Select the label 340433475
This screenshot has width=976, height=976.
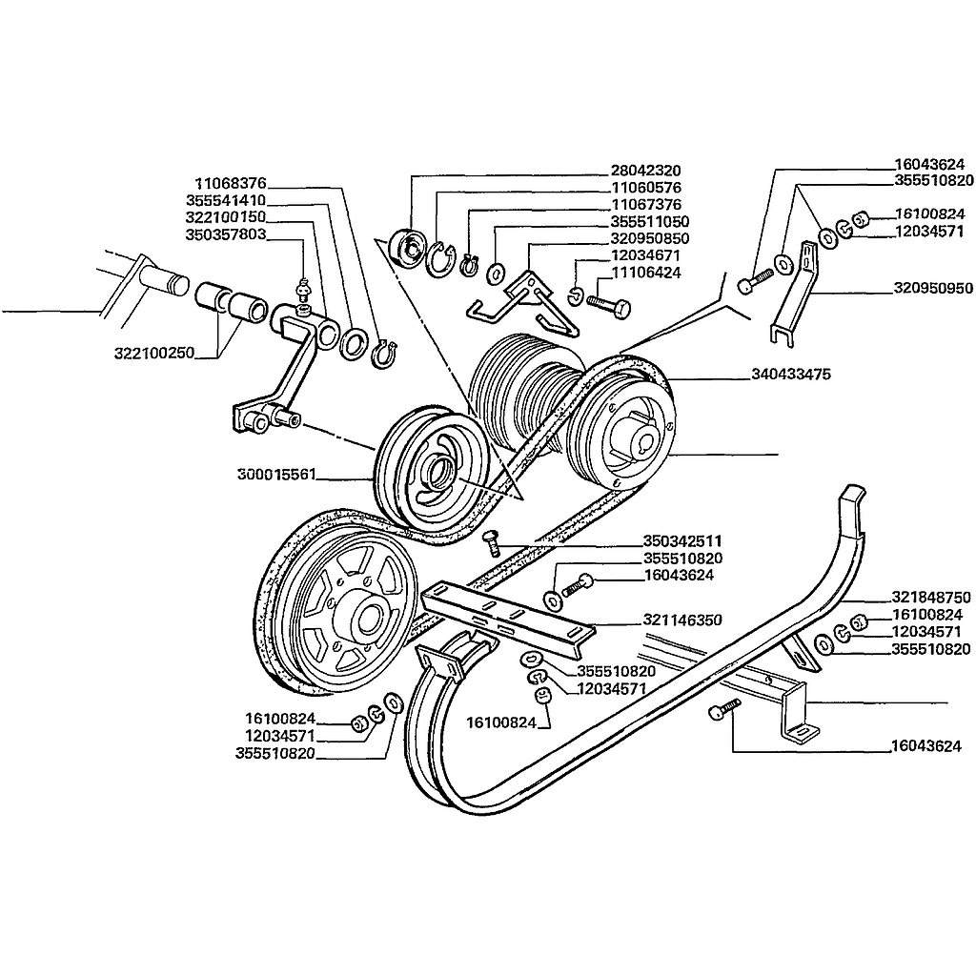(x=791, y=375)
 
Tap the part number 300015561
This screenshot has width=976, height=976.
(x=277, y=474)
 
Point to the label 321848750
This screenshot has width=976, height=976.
(x=932, y=598)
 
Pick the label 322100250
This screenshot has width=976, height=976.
(x=153, y=354)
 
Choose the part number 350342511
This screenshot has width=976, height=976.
(x=682, y=541)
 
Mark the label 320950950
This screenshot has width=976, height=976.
(x=933, y=287)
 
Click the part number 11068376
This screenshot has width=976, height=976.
(x=231, y=183)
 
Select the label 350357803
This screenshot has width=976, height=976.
(x=226, y=234)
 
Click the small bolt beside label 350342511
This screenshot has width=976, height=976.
(x=493, y=542)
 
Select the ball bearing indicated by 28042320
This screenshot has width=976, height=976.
(x=411, y=250)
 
